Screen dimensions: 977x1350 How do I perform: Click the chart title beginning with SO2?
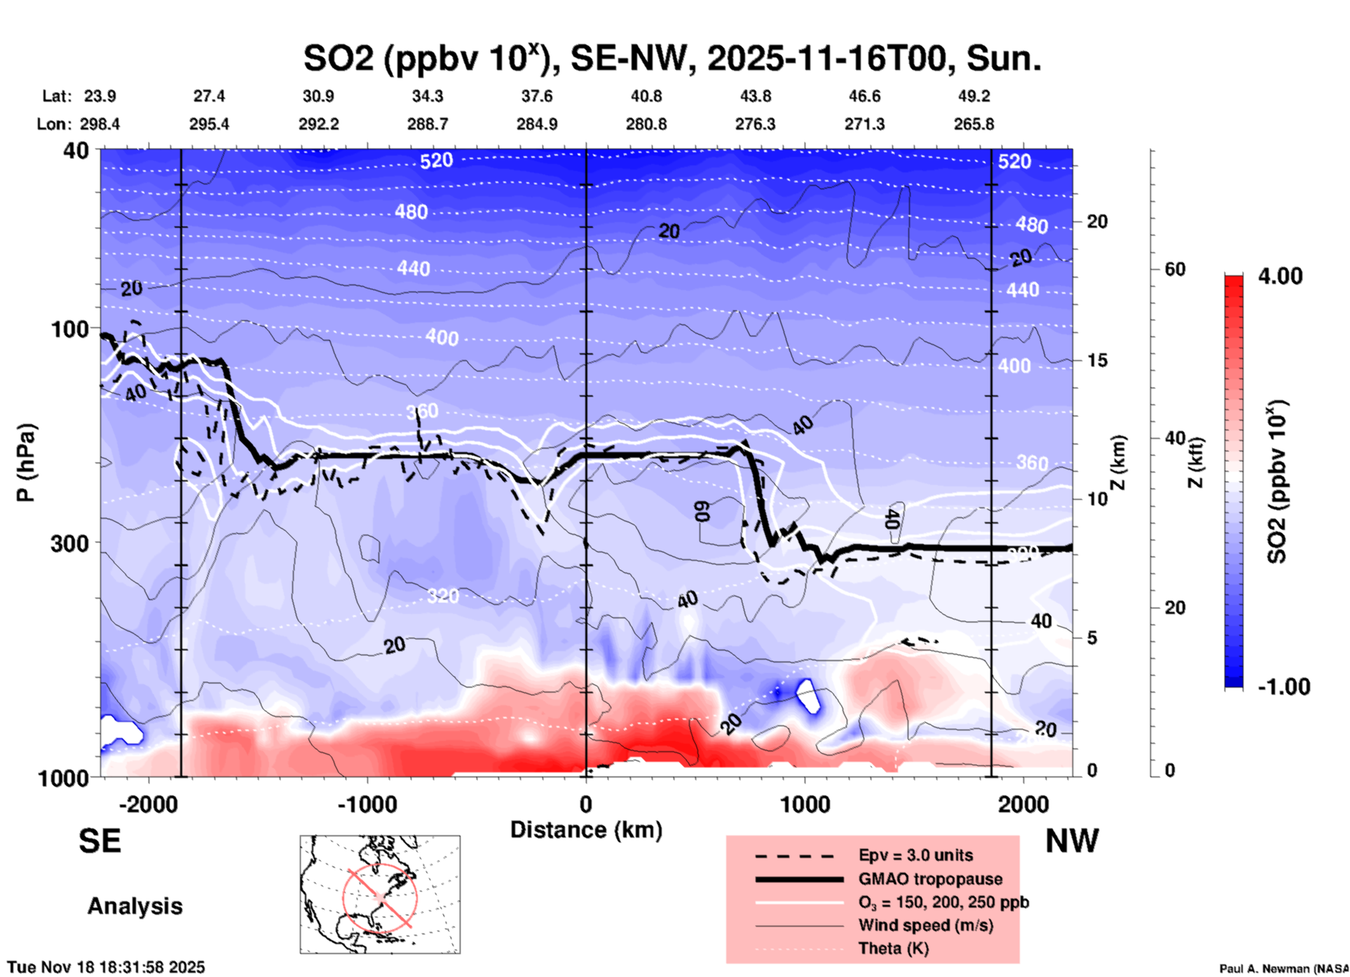tap(671, 58)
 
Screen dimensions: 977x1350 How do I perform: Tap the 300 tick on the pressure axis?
tap(69, 543)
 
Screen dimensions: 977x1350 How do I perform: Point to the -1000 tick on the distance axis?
tap(367, 804)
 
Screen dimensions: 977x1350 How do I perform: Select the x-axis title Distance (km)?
tap(586, 830)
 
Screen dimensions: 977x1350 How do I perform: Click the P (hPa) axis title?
tap(25, 463)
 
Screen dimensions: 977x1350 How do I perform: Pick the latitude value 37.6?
tap(536, 96)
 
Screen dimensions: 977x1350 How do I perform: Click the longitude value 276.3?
tap(755, 124)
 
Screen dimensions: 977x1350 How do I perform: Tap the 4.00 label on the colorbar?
tap(1280, 276)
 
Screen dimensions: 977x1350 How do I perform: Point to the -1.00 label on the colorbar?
tap(1283, 687)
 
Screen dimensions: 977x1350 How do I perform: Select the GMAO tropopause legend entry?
tap(930, 879)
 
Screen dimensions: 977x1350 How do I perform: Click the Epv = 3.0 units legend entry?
tap(915, 855)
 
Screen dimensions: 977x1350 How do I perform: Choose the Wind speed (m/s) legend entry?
tap(925, 925)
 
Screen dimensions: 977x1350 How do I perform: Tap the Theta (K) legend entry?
tap(894, 948)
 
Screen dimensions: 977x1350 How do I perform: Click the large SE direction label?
tap(100, 841)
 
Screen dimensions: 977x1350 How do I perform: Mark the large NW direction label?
tap(1072, 841)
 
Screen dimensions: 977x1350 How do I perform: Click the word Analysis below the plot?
tap(135, 906)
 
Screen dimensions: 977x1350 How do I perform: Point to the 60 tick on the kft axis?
tap(1175, 269)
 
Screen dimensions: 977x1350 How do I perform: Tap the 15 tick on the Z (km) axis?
tap(1097, 360)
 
